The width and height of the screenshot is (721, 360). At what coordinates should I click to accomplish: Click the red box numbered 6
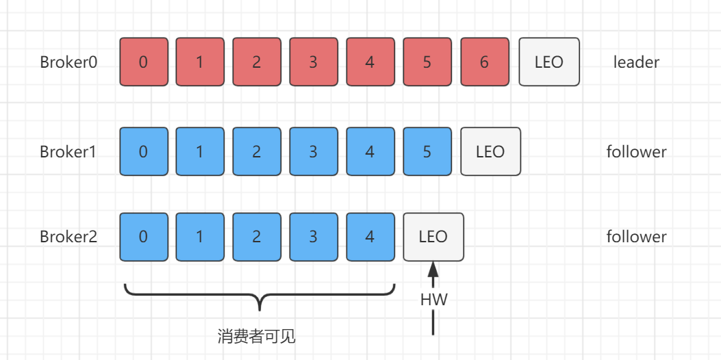[484, 62]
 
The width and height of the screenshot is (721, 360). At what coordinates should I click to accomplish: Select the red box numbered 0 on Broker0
[143, 62]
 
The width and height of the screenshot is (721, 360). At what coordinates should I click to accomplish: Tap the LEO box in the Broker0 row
[549, 62]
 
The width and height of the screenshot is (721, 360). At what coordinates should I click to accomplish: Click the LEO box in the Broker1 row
[490, 151]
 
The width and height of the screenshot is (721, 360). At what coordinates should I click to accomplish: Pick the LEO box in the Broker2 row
[433, 237]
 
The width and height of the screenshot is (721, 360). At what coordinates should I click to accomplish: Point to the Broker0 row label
[68, 62]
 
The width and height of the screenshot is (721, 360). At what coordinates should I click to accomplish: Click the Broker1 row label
[68, 151]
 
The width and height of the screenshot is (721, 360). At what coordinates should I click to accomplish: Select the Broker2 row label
[68, 237]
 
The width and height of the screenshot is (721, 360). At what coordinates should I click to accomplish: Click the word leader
[636, 62]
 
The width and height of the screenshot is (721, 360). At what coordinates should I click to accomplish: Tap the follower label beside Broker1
[636, 151]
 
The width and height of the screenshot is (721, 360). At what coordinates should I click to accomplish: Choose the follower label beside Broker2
[636, 237]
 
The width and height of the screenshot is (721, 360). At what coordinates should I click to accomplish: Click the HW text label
[433, 299]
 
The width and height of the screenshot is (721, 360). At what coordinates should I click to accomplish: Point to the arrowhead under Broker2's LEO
[433, 270]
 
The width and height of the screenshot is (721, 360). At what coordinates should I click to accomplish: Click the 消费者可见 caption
[257, 337]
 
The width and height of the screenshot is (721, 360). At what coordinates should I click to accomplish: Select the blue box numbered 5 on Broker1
[427, 151]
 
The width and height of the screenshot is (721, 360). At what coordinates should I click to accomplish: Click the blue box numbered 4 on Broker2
[370, 237]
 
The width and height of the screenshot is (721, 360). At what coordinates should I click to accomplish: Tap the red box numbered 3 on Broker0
[314, 62]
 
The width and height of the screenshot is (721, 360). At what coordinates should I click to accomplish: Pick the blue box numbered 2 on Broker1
[257, 151]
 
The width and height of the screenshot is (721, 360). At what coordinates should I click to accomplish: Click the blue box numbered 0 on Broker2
[143, 237]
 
